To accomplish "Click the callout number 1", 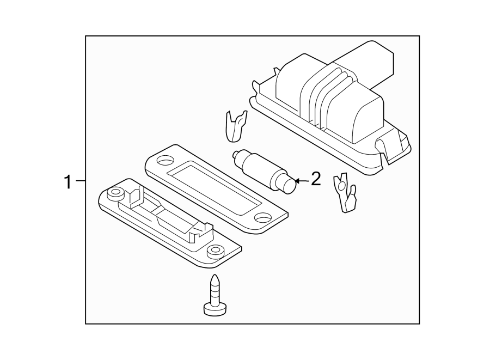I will pyautogui.click(x=68, y=181).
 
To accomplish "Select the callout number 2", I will pyautogui.click(x=316, y=179).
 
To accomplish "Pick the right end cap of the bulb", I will pyautogui.click(x=289, y=185).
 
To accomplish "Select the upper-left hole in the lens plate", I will pyautogui.click(x=163, y=161).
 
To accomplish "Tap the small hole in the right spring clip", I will pyautogui.click(x=341, y=186).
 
